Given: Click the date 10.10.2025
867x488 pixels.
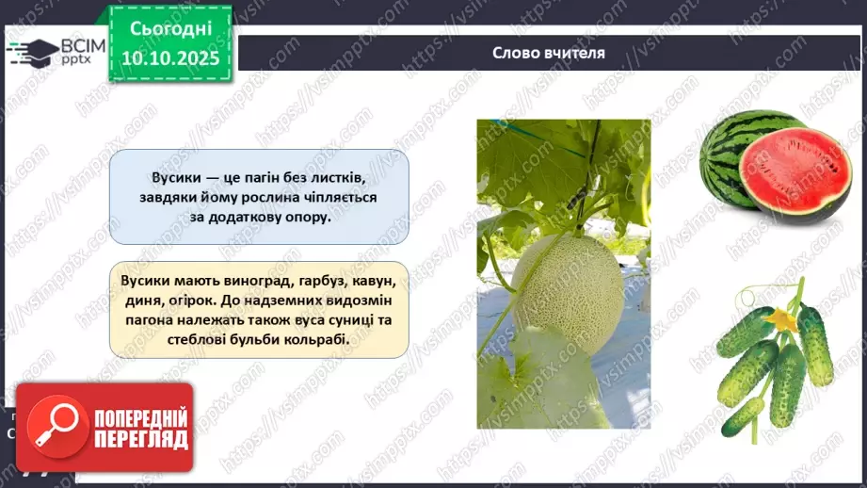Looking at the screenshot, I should click(x=170, y=57).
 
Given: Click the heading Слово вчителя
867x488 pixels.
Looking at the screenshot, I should click(x=549, y=53).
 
